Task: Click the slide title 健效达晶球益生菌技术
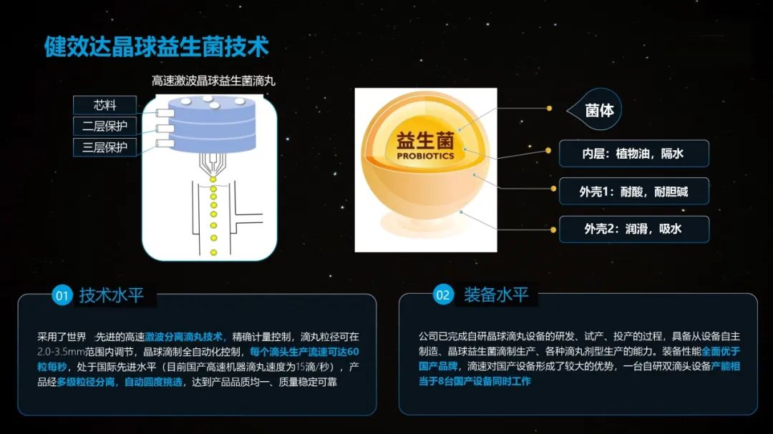[x=156, y=47]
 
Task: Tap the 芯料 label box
[x=104, y=105]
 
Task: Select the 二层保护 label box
[x=104, y=127]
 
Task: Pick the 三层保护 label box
[x=104, y=148]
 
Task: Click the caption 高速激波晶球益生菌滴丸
[x=213, y=81]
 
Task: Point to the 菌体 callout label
[x=599, y=111]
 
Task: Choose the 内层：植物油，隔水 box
[x=633, y=153]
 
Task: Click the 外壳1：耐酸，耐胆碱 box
[x=633, y=192]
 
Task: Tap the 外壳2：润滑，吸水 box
[x=633, y=230]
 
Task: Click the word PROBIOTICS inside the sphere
[x=425, y=155]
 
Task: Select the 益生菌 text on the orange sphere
[x=425, y=139]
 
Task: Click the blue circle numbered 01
[x=62, y=295]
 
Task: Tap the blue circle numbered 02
[x=443, y=295]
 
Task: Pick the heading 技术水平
[x=112, y=295]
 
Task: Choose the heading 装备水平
[x=495, y=295]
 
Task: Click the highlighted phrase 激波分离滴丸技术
[x=186, y=336]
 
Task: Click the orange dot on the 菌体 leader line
[x=549, y=109]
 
